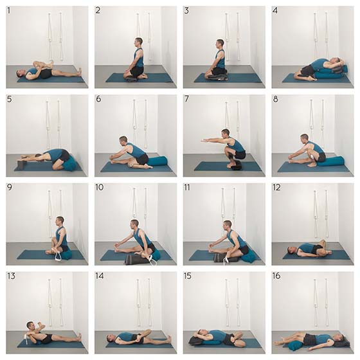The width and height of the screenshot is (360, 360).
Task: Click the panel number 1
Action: click(x=9, y=11)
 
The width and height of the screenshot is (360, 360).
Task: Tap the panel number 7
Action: click(x=187, y=99)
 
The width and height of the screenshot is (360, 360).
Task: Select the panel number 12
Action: click(x=276, y=188)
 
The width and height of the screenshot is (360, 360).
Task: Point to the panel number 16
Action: click(x=276, y=276)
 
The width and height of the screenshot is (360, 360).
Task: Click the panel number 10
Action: click(x=100, y=187)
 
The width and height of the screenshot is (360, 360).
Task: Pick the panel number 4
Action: click(x=275, y=10)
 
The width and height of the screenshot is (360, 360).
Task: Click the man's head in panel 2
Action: click(x=138, y=42)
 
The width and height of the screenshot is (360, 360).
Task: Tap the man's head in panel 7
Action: click(x=226, y=133)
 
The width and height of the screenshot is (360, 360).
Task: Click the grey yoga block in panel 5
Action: click(x=21, y=164)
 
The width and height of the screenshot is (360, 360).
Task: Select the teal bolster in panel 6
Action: click(x=157, y=161)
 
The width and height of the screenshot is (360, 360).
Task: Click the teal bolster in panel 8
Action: click(x=331, y=161)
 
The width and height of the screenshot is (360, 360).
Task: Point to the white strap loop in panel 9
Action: click(x=58, y=255)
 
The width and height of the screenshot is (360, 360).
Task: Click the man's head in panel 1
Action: click(x=20, y=73)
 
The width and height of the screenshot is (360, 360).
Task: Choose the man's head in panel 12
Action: click(x=291, y=250)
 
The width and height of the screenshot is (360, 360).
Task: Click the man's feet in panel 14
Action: click(x=170, y=339)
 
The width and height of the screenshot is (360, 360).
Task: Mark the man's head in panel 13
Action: click(x=30, y=325)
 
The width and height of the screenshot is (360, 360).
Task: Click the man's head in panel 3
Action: click(x=220, y=43)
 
